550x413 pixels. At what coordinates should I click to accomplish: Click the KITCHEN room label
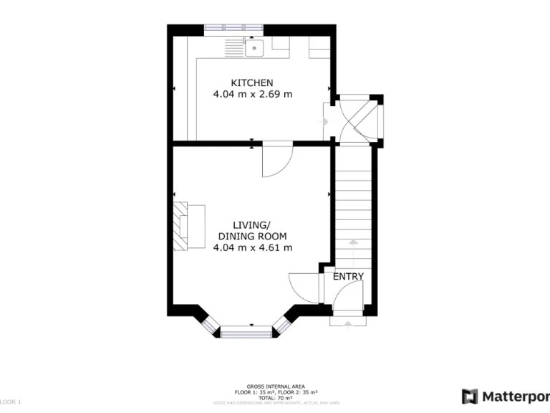pos(251,82)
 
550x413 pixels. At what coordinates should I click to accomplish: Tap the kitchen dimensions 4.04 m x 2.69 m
pos(252,94)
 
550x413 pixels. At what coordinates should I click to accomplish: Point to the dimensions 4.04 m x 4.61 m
pos(252,247)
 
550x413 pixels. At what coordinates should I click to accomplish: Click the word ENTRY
pos(348,276)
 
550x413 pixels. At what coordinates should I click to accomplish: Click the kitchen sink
pos(254,48)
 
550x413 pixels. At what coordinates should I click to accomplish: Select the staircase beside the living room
pos(354,208)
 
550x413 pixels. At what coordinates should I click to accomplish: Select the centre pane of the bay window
pos(247,331)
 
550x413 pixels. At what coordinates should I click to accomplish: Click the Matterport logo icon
pos(470,396)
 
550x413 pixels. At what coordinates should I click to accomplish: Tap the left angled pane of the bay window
pos(209,323)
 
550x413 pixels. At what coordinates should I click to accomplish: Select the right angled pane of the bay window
pos(284,323)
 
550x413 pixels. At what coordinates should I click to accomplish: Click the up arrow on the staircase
pos(352,242)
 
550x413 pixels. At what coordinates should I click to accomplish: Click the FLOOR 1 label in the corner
pos(10,402)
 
